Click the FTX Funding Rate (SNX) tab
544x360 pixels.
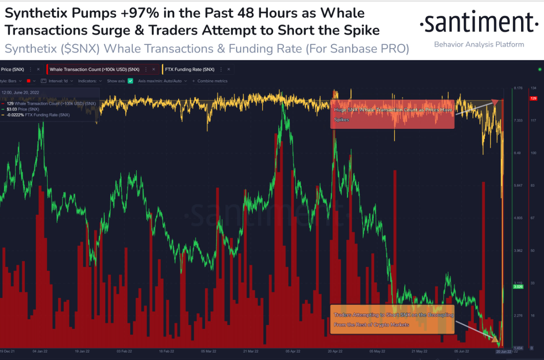pos(190,70)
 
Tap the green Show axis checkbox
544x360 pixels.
pos(130,81)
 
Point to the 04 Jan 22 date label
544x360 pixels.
pos(40,352)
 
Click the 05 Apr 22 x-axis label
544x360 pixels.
pos(293,352)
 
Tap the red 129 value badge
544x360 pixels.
pos(533,98)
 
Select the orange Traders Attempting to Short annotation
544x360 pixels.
pos(392,319)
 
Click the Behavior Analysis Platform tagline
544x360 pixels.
pos(479,45)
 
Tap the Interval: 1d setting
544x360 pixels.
pos(57,81)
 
